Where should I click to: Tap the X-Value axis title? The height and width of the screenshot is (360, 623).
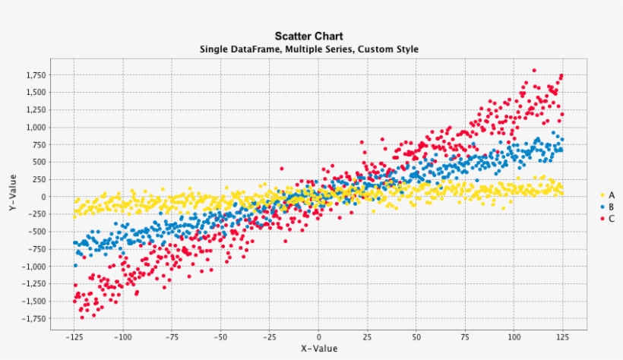(x=318, y=349)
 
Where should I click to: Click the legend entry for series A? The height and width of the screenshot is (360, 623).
(x=607, y=195)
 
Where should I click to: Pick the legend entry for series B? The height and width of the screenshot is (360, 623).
(x=607, y=207)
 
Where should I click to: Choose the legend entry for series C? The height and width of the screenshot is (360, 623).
(x=607, y=218)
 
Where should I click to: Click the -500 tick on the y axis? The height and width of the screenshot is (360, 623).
(x=37, y=232)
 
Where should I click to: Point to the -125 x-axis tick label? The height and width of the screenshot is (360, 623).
(x=74, y=336)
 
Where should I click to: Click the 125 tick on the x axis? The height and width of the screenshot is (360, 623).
(x=563, y=336)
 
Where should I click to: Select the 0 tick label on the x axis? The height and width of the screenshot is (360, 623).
(x=318, y=336)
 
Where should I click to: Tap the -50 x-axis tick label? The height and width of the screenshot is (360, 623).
(x=220, y=336)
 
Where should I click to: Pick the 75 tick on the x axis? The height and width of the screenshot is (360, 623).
(x=465, y=336)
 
